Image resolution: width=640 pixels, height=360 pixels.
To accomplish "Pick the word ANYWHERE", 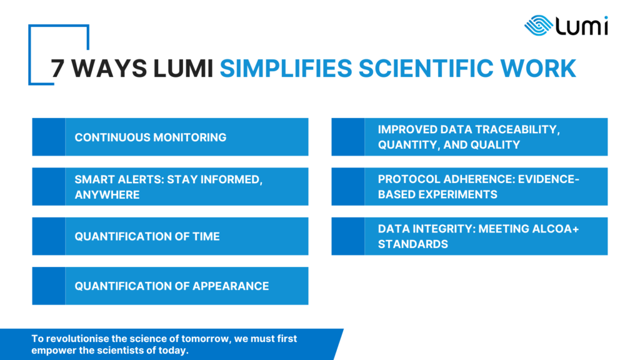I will pyautogui.click(x=107, y=194).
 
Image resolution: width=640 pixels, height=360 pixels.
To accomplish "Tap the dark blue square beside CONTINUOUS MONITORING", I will pyautogui.click(x=49, y=137).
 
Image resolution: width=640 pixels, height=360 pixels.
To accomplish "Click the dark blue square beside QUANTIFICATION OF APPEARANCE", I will pyautogui.click(x=49, y=286).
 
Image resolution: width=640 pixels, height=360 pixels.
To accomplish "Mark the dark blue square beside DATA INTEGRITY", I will pyautogui.click(x=348, y=236).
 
